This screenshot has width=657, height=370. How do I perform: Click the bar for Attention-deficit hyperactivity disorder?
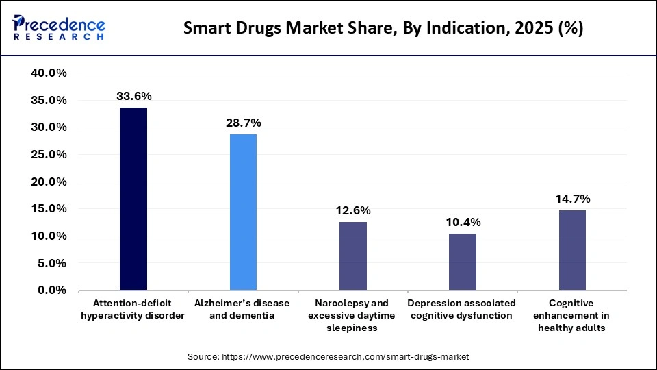point(133,199)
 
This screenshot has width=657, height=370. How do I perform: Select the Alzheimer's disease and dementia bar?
point(243,212)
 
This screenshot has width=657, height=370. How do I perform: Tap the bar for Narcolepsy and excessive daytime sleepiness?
point(352,256)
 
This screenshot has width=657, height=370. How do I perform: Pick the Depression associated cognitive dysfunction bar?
point(462,262)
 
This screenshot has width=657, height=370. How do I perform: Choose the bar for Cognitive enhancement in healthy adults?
point(572,250)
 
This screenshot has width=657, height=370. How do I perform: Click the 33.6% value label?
point(133,96)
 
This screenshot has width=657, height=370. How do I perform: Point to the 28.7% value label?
point(243,123)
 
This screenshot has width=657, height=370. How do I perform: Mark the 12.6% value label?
point(352,210)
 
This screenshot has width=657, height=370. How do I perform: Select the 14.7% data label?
point(572,199)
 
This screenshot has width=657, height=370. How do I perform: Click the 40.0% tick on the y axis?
point(47,73)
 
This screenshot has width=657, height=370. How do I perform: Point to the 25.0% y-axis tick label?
point(47,155)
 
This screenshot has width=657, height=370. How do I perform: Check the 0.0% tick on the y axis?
point(50,291)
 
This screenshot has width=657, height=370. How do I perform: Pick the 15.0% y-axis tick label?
point(47,209)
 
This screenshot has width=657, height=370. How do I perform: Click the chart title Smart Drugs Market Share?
point(383,29)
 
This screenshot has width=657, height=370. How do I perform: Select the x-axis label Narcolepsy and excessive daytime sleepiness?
point(352,315)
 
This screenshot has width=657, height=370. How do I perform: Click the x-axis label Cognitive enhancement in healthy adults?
point(572,315)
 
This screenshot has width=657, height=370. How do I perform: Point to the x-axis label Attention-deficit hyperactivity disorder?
point(133,309)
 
